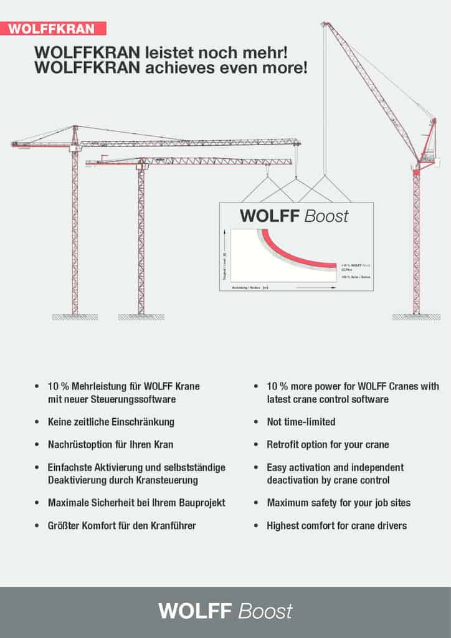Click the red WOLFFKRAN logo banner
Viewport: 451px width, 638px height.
pos(53,28)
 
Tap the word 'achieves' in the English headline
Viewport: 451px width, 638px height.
pos(181,67)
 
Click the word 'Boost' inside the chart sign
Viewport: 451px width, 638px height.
pos(326,216)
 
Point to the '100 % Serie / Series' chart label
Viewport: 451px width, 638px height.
pos(354,276)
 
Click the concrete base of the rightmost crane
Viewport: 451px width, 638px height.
pos(416,317)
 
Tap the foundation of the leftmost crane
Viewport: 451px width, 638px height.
pos(75,317)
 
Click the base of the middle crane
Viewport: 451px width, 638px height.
pos(141,317)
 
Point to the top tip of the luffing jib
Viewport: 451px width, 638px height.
pos(324,24)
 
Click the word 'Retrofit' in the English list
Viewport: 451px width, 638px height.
pos(285,445)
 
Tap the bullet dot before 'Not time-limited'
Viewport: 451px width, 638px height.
pos(256,422)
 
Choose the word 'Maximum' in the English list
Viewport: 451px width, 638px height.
pos(288,503)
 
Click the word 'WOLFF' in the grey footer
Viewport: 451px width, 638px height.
pos(196,611)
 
